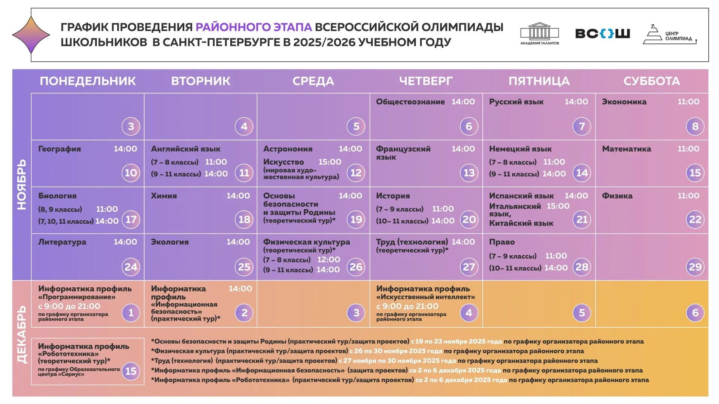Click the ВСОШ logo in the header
pos(602,34)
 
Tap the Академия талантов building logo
pos(539,33)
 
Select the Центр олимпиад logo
pos(670,35)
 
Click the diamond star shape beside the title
pos(31,35)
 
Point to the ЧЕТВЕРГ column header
pos(426,81)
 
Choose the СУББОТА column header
pos(652,81)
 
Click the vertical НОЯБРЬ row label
pos(22,184)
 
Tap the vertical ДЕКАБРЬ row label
pos(22,334)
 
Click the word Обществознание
pos(410,102)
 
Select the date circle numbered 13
pos(469,173)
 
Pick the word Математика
pos(626,149)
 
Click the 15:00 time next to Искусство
pos(330,162)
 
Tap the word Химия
pos(164,196)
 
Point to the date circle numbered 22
pos(695,220)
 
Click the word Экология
pos(170,242)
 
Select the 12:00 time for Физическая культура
pos(328,260)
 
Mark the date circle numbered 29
pos(695,267)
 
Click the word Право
pos(502,242)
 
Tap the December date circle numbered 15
pos(131,371)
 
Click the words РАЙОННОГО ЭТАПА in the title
pos(254,27)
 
